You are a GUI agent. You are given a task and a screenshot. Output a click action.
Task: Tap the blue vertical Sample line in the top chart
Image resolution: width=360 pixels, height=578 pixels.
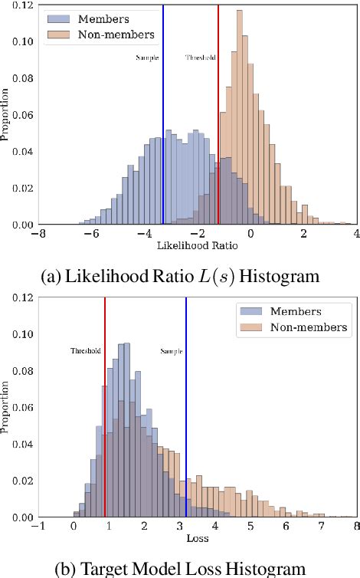pyautogui.click(x=163, y=115)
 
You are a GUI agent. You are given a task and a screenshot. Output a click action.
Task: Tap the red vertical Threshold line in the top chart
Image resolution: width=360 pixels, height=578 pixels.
pyautogui.click(x=218, y=115)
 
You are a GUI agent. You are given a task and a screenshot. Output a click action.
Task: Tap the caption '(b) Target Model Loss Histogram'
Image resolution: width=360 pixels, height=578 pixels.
pyautogui.click(x=180, y=567)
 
